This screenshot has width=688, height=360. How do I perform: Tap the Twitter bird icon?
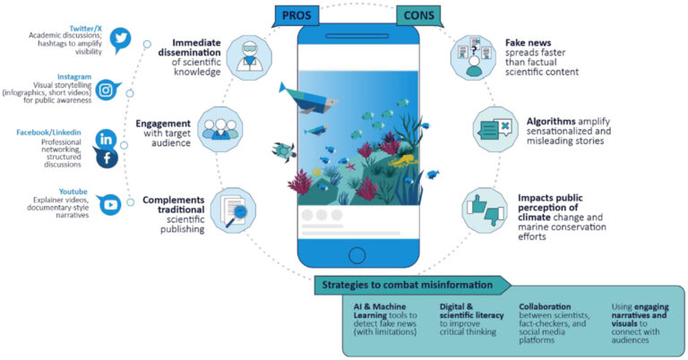[x=120, y=39]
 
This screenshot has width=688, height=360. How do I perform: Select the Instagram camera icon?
[x=108, y=90]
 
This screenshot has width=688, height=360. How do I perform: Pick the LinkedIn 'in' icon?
[x=107, y=139]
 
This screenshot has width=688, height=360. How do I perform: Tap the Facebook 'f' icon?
[x=107, y=159]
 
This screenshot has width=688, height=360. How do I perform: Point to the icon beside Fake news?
[x=469, y=57]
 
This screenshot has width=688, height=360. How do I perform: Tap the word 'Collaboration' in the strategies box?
[x=544, y=306]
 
